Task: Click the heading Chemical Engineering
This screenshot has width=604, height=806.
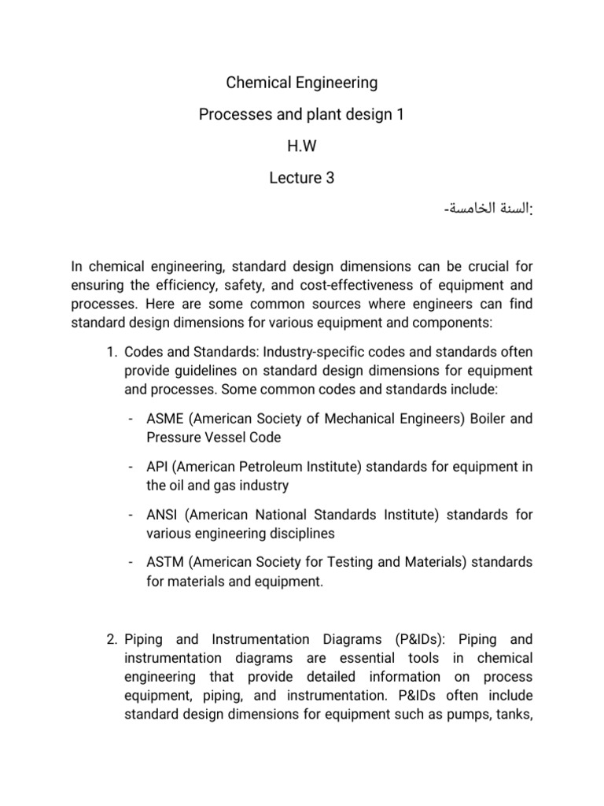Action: pos(302,83)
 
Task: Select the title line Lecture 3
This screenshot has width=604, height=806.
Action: pos(302,178)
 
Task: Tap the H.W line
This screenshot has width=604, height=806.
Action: pos(302,146)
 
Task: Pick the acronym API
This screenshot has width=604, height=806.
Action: pos(157,467)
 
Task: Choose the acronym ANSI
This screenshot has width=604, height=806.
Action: pos(161,515)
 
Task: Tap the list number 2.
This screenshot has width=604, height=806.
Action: pos(111,639)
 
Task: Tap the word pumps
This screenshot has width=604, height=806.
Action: pos(479,715)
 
